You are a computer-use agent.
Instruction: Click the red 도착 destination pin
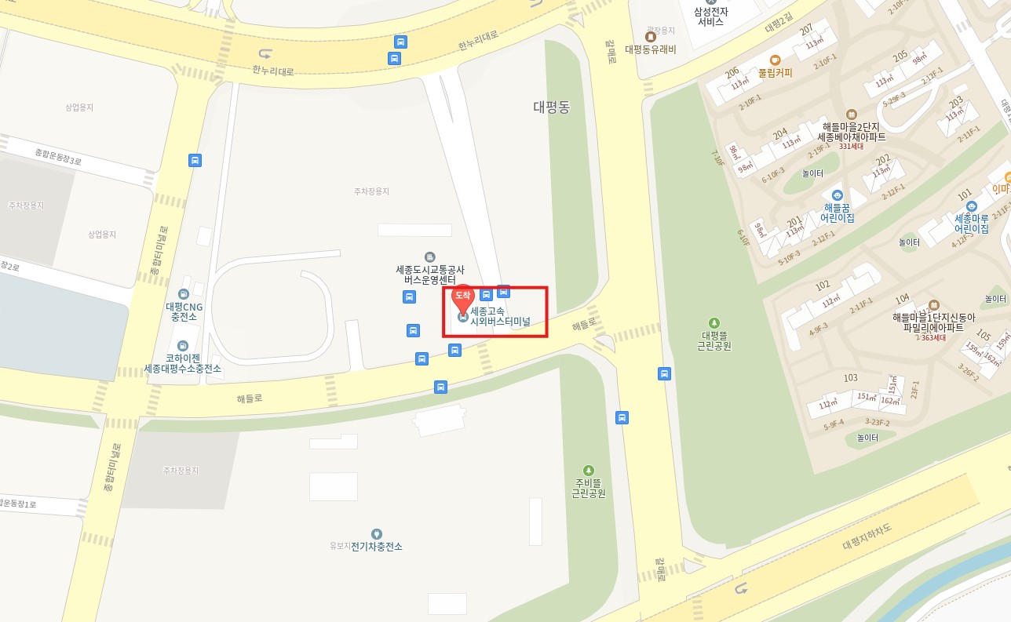pyautogui.click(x=463, y=296)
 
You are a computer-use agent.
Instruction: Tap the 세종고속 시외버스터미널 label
pyautogui.click(x=500, y=316)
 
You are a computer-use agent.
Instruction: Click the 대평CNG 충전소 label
pyautogui.click(x=184, y=311)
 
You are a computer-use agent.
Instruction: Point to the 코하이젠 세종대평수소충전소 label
pyautogui.click(x=183, y=363)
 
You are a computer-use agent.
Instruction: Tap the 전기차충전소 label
pyautogui.click(x=376, y=546)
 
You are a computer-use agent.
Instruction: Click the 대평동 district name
pyautogui.click(x=552, y=107)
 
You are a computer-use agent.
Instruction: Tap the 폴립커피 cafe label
pyautogui.click(x=775, y=72)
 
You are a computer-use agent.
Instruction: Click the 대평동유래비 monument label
pyautogui.click(x=650, y=49)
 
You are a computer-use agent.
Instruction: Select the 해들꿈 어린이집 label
pyautogui.click(x=837, y=212)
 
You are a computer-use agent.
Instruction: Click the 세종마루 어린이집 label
pyautogui.click(x=971, y=223)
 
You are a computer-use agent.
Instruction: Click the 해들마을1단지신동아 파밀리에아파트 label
pyautogui.click(x=933, y=322)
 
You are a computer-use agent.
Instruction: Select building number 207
pyautogui.click(x=806, y=30)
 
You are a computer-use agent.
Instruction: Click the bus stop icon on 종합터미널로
pyautogui.click(x=195, y=160)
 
